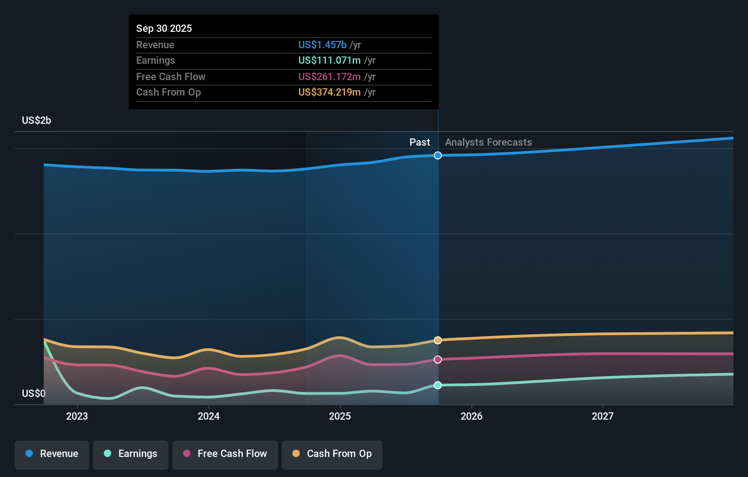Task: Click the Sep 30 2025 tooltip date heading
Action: (164, 28)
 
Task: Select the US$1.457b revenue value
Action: (322, 45)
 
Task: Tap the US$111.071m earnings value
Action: (329, 61)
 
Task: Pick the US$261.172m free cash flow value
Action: (329, 76)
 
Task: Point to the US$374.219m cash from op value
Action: (329, 92)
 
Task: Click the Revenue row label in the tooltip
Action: (155, 45)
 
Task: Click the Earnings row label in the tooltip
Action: (155, 61)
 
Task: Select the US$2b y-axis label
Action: (36, 121)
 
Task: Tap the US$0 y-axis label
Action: (33, 393)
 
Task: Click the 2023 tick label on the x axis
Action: (77, 416)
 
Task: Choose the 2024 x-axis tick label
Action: (209, 416)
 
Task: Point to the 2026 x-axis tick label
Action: (471, 416)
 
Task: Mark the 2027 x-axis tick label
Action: (602, 416)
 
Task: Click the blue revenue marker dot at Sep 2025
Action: (438, 156)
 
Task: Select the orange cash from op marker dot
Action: (438, 340)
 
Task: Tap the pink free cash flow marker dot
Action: (438, 360)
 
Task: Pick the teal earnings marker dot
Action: (438, 385)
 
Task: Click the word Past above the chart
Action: (420, 142)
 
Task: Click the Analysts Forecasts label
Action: (488, 142)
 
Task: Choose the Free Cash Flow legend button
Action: (225, 454)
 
